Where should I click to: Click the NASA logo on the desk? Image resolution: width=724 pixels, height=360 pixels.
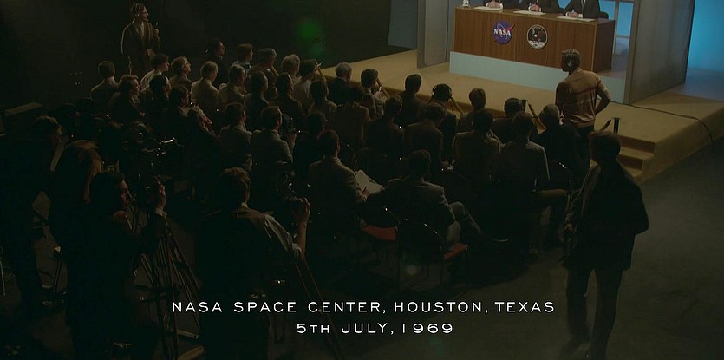click(503, 32)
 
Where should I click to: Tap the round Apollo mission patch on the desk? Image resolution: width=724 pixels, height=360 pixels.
click(537, 36)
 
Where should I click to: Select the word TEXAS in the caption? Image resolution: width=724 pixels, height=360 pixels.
click(524, 307)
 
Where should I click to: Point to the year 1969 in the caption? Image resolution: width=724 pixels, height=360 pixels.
click(427, 328)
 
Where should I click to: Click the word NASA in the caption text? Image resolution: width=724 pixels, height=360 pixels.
click(197, 307)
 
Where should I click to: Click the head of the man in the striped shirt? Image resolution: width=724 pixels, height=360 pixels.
click(571, 60)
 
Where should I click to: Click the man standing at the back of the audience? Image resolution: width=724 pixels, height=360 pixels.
click(140, 38)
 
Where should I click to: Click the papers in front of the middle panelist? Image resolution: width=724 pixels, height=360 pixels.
click(529, 12)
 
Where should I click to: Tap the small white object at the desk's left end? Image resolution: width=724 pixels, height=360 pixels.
click(466, 3)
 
